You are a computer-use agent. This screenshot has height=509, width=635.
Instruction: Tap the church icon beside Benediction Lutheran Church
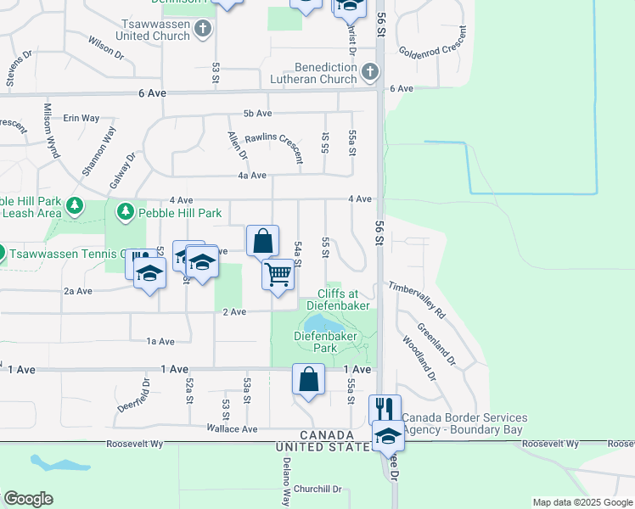[x=369, y=74]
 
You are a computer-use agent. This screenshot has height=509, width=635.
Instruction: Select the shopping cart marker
[x=278, y=276]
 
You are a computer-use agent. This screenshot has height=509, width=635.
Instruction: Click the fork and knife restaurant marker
[x=385, y=410]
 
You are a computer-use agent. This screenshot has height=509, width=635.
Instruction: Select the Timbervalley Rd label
[x=417, y=299]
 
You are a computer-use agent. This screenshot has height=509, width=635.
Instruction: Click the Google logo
[x=28, y=499]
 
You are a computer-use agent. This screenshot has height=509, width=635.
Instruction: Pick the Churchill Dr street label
[x=318, y=489]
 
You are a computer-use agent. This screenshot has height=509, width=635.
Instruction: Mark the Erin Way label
[x=81, y=118]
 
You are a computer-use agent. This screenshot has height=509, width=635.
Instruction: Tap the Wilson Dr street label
[x=105, y=44]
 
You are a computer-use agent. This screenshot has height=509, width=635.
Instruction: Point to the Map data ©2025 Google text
[x=582, y=502]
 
